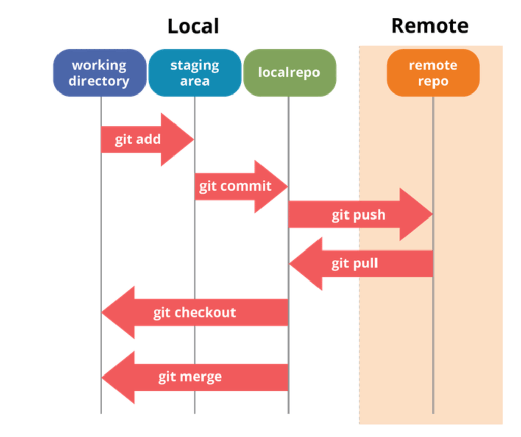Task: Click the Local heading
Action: click(193, 26)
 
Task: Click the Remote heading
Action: click(429, 25)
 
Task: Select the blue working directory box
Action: click(100, 73)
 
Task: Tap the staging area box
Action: click(194, 73)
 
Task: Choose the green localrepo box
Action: click(289, 73)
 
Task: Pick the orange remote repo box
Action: click(433, 73)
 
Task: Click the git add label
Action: click(137, 140)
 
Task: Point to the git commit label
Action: click(235, 186)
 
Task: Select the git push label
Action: click(358, 215)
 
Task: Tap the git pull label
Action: click(355, 264)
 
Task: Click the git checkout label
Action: click(194, 312)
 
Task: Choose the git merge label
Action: click(190, 377)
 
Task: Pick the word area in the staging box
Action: click(194, 81)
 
